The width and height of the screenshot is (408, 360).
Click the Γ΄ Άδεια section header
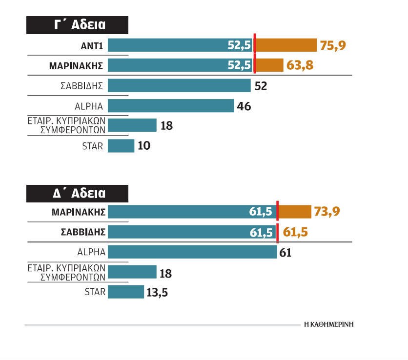[77, 26]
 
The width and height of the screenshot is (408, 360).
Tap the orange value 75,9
[333, 46]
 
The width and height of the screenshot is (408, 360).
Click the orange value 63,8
[300, 65]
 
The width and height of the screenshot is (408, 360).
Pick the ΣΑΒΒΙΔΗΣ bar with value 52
[179, 85]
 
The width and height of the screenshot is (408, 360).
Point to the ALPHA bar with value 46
[171, 105]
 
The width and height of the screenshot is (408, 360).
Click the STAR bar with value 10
[121, 145]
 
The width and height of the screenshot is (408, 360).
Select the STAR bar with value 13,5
[125, 292]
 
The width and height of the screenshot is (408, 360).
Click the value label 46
[244, 106]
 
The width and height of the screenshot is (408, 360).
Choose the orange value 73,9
[327, 212]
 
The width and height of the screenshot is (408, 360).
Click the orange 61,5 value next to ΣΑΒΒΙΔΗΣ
[295, 232]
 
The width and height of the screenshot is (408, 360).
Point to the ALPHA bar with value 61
[192, 252]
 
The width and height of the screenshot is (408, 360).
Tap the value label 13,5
[158, 292]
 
